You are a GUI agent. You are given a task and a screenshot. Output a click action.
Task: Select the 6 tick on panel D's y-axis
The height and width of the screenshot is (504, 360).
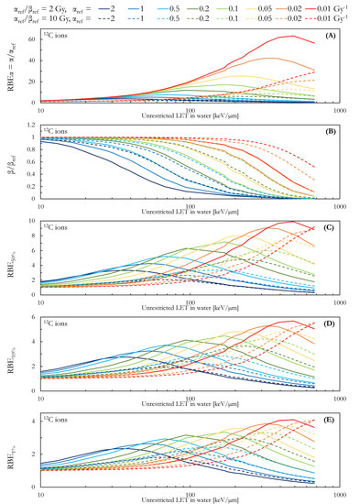[x=33, y=316]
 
